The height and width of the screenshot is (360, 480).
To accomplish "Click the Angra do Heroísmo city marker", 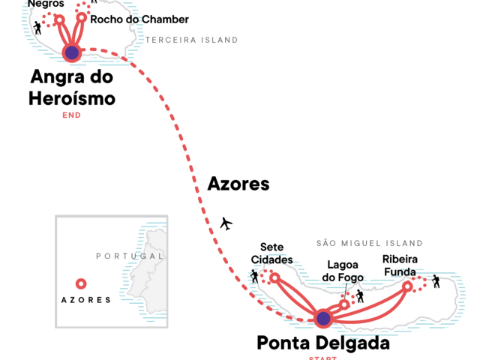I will pyautogui.click(x=71, y=52).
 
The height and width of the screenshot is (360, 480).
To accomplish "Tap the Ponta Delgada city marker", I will pyautogui.click(x=322, y=319).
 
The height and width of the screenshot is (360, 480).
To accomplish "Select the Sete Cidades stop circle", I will pyautogui.click(x=274, y=278).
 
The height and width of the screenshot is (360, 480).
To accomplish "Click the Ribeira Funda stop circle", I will pyautogui.click(x=407, y=286).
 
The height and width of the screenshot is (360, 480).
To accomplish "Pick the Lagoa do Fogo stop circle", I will pyautogui.click(x=344, y=304).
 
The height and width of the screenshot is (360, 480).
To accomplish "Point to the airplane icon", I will pyautogui.click(x=226, y=223).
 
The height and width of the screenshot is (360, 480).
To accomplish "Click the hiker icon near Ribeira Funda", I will pyautogui.click(x=436, y=281).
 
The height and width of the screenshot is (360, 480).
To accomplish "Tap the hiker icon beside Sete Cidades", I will pyautogui.click(x=255, y=277).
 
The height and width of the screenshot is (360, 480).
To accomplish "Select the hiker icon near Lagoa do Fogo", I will pyautogui.click(x=360, y=296).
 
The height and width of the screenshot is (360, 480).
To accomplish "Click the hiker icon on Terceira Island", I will pyautogui.click(x=37, y=28).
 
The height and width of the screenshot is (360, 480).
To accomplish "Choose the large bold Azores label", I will pyautogui.click(x=238, y=184).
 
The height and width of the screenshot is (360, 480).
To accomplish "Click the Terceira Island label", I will pyautogui.click(x=192, y=40).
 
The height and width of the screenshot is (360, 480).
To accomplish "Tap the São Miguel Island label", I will pyautogui.click(x=369, y=243).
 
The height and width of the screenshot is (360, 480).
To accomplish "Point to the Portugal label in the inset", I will pyautogui.click(x=124, y=256).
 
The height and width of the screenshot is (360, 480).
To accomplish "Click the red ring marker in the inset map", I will pyautogui.click(x=81, y=283).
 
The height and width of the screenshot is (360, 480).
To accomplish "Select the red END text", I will pyautogui.click(x=71, y=115).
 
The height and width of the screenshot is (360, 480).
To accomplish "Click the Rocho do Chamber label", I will pyautogui.click(x=139, y=19).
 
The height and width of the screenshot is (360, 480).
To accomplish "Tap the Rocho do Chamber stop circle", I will pyautogui.click(x=82, y=17).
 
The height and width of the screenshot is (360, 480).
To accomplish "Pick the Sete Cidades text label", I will pyautogui.click(x=271, y=253).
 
